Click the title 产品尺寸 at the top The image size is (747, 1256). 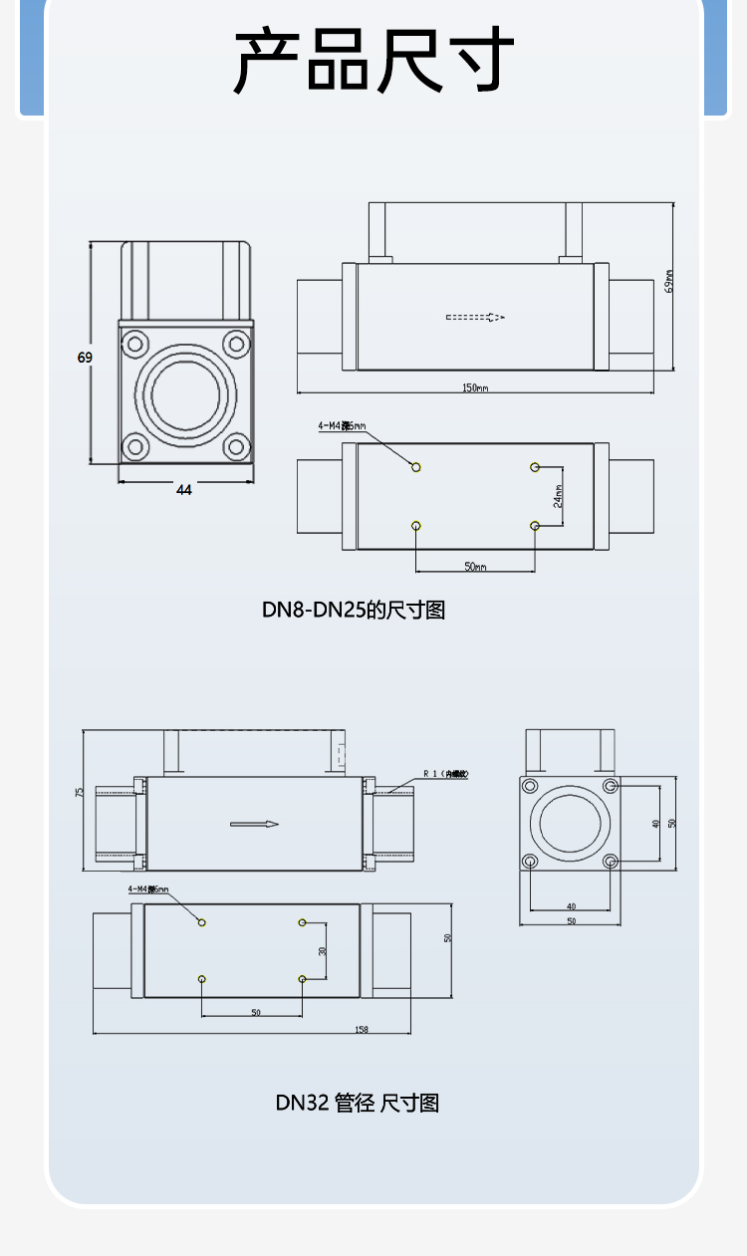point(373,60)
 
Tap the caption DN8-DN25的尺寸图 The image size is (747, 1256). point(354,610)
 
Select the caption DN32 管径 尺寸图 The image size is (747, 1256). point(357,1103)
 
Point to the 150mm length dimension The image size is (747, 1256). point(474,387)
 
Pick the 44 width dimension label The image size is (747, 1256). point(184,489)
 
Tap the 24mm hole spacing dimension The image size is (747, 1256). point(559,496)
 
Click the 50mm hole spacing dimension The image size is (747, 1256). point(475,566)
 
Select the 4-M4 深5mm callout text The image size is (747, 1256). point(342,426)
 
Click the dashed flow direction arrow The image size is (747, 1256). point(475,318)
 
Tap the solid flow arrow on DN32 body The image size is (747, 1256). point(254,824)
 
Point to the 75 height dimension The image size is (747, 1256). point(79,793)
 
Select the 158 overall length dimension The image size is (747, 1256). point(362,1029)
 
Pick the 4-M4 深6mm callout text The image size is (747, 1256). point(148,889)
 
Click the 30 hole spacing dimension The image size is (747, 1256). point(322,951)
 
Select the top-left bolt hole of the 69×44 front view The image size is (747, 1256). point(134,345)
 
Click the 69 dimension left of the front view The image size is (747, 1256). point(85,358)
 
